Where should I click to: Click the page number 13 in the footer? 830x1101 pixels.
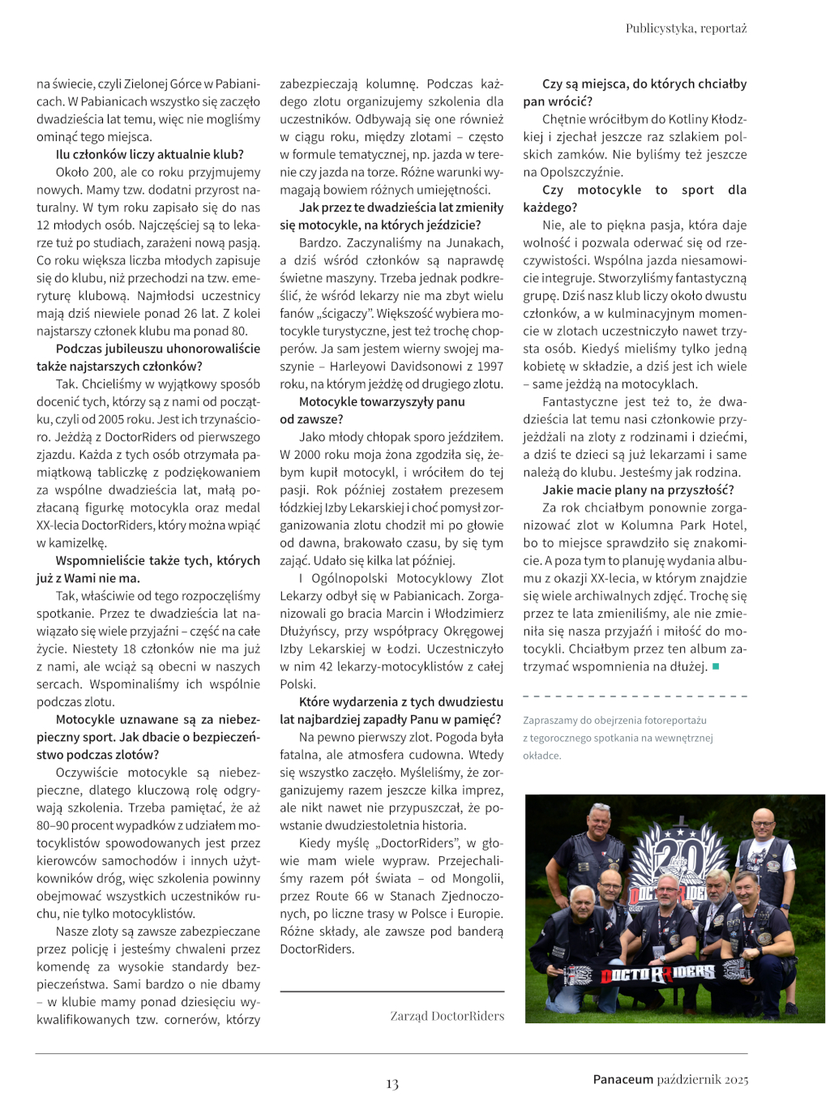[x=392, y=1084]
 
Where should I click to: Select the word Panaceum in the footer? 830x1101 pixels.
[x=622, y=1079]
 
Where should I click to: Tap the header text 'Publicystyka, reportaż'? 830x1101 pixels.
[x=686, y=28]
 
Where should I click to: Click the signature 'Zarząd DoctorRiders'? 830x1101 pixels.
[x=447, y=1016]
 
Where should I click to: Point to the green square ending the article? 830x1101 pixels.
[x=716, y=666]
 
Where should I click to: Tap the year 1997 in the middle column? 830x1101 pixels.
[x=490, y=366]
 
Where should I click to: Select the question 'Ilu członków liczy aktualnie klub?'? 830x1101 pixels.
[x=149, y=154]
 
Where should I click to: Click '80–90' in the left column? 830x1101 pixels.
[x=53, y=825]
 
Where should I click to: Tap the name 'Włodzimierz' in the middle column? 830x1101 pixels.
[x=470, y=613]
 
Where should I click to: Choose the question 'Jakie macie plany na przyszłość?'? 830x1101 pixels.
[x=638, y=490]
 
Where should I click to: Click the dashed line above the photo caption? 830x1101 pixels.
[x=635, y=696]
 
